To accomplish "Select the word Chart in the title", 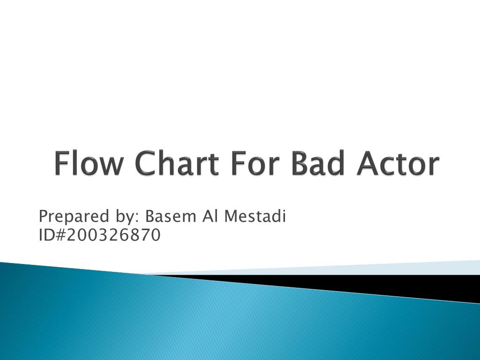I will click(x=178, y=164).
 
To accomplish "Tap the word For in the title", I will click(x=253, y=164).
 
